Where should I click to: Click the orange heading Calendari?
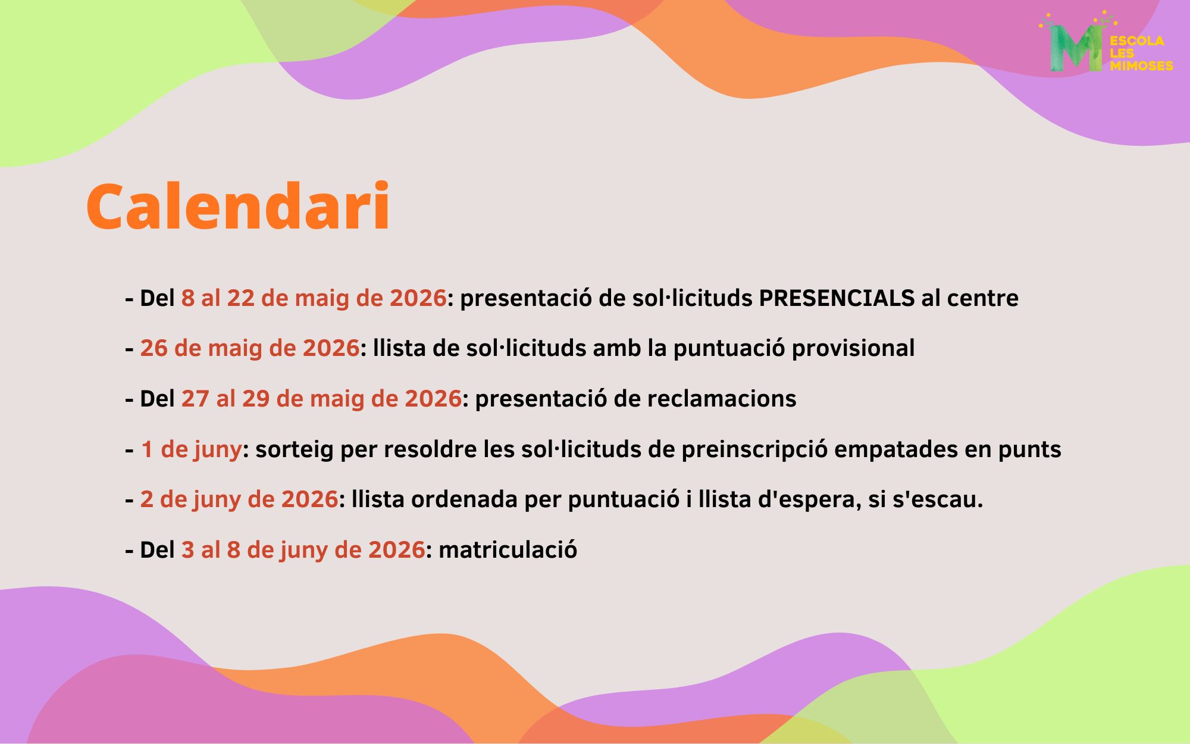click(x=238, y=206)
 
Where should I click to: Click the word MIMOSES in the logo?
click(x=1141, y=66)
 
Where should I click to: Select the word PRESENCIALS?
click(x=837, y=298)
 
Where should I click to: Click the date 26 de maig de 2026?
click(x=250, y=348)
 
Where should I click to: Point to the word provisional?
click(x=853, y=349)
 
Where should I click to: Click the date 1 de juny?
click(x=191, y=449)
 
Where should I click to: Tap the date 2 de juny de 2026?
click(x=239, y=499)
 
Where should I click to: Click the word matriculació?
click(x=508, y=550)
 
